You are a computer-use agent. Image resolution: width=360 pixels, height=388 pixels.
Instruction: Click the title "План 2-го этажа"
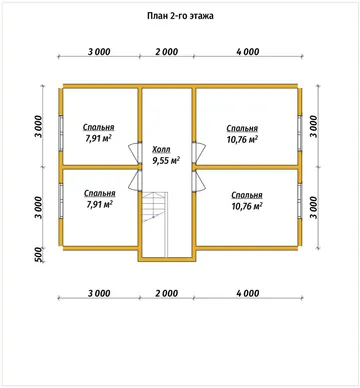point(180,16)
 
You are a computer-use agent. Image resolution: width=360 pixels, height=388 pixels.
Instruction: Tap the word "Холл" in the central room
point(161,149)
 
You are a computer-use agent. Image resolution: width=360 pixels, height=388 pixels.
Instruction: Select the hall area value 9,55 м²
point(166,161)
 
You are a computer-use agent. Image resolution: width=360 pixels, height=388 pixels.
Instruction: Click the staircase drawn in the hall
point(155,207)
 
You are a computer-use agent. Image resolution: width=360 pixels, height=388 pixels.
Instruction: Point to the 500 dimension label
point(38,255)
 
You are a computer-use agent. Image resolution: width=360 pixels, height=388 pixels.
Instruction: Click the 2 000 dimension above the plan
point(166,52)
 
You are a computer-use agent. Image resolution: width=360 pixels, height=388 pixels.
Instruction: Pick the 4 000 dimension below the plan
point(247,293)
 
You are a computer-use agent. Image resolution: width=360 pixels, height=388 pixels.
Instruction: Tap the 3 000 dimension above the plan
point(99,52)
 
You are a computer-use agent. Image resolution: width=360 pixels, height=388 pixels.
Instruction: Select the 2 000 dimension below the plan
point(166,293)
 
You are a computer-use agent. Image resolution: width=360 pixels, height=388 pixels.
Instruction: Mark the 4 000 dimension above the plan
point(247,52)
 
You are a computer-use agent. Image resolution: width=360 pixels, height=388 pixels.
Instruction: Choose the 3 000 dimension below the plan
point(99,293)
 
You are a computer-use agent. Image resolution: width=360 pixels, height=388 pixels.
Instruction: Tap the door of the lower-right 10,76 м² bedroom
point(199,182)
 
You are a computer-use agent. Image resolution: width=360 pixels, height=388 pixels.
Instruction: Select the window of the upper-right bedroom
point(300,133)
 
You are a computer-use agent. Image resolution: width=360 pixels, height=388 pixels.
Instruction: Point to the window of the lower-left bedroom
point(61,200)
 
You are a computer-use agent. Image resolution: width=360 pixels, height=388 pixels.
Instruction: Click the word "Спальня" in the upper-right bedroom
point(242,128)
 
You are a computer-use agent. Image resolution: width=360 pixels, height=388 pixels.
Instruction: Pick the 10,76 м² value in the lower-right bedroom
point(247,206)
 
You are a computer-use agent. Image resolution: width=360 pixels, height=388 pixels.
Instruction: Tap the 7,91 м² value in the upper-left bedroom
point(98,139)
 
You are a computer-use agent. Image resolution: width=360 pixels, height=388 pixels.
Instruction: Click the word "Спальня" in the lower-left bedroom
point(100,193)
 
